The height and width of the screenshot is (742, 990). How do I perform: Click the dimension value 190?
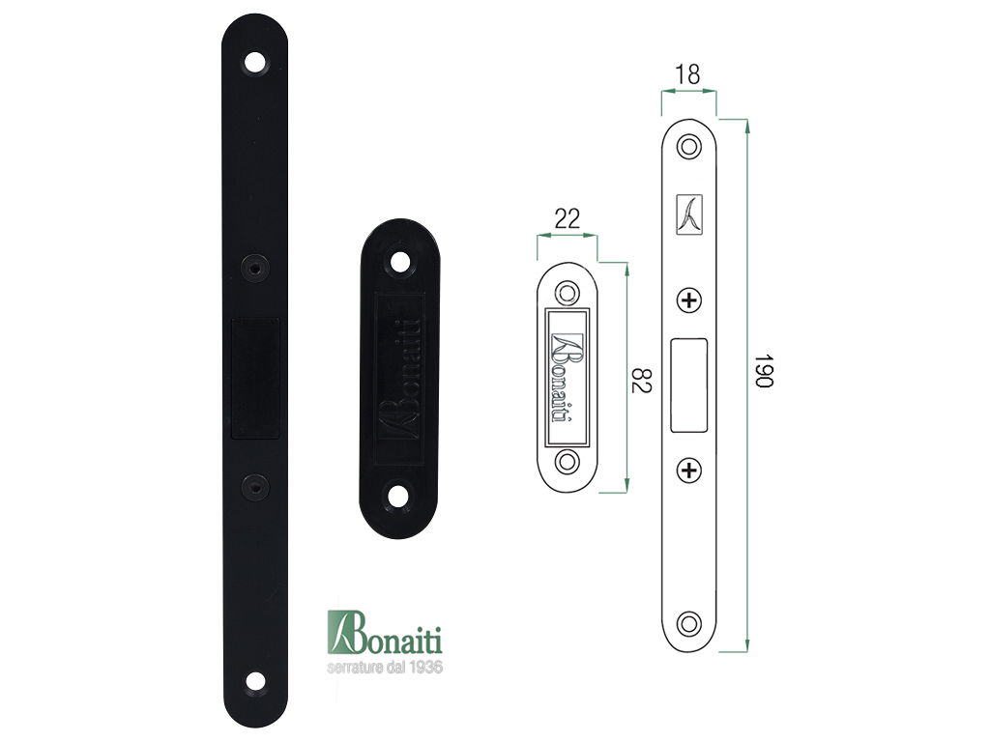point(764,371)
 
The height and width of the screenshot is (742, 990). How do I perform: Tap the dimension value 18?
point(687,74)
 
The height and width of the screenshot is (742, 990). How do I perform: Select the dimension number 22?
point(567,218)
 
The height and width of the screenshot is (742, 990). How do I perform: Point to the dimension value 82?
point(641,379)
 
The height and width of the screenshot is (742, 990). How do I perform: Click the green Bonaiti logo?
point(385,633)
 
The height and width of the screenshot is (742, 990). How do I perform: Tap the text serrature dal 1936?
point(385,667)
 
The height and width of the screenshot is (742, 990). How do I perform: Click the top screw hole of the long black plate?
point(255,63)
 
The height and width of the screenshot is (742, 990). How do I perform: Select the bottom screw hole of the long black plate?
point(255,681)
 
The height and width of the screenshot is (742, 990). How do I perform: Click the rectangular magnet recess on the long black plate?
point(255,378)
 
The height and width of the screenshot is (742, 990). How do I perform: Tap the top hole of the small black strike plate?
point(399,261)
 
